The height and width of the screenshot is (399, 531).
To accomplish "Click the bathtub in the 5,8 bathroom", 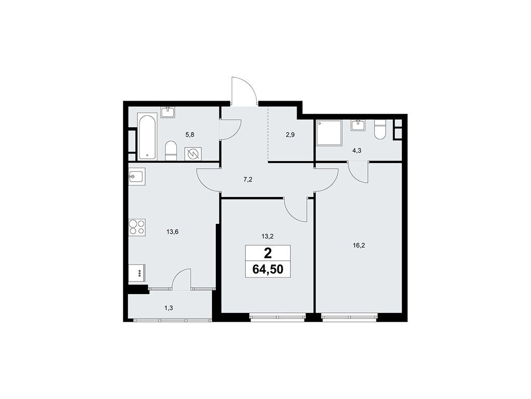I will (147, 137).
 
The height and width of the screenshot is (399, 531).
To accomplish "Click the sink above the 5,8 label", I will (167, 112).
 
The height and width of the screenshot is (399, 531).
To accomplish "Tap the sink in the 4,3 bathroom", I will (358, 125).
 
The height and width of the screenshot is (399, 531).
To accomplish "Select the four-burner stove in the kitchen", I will (137, 227).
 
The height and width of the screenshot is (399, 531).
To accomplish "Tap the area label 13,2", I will (268, 235).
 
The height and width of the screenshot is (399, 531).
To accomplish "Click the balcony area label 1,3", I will (169, 308).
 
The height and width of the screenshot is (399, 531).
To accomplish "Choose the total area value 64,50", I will (268, 269).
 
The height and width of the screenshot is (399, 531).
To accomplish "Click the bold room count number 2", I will (268, 254).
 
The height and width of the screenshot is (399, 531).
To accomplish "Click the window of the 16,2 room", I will (349, 315).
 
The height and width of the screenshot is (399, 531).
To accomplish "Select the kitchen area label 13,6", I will (173, 232).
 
